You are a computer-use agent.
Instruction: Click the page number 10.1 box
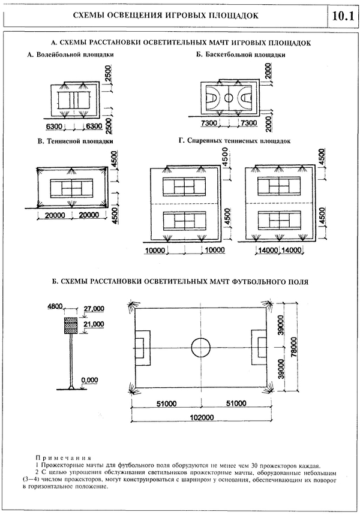coord(339,16)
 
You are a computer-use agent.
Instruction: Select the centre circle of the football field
coord(200,347)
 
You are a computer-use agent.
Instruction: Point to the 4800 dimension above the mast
coord(56,308)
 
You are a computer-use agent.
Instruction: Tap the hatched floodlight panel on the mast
coord(71,325)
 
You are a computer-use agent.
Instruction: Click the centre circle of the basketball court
coord(229,97)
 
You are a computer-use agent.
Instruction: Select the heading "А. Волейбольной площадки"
coord(71,55)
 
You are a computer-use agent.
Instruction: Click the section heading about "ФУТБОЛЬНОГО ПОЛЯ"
coord(180,281)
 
